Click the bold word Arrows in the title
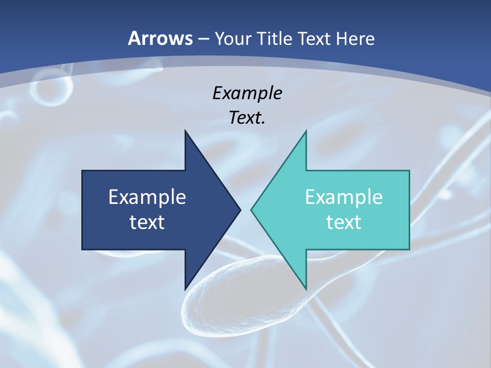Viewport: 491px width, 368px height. coord(161,38)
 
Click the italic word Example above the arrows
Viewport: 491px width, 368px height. coord(247,94)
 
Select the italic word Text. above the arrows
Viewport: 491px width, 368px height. coord(247,118)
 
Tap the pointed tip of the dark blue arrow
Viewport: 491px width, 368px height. coord(240,210)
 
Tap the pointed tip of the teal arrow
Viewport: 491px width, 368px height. coord(252,210)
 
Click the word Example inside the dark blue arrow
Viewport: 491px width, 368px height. coord(147,197)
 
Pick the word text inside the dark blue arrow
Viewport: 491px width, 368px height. coord(147,222)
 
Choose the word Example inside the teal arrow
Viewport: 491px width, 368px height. coord(344,197)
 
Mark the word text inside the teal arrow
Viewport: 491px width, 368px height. coord(344,222)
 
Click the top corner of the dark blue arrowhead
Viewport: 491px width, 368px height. coord(185,131)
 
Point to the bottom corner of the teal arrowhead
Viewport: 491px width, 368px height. coord(306,288)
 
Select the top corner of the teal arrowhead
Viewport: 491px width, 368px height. coord(306,131)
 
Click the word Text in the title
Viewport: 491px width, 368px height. coord(315,38)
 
